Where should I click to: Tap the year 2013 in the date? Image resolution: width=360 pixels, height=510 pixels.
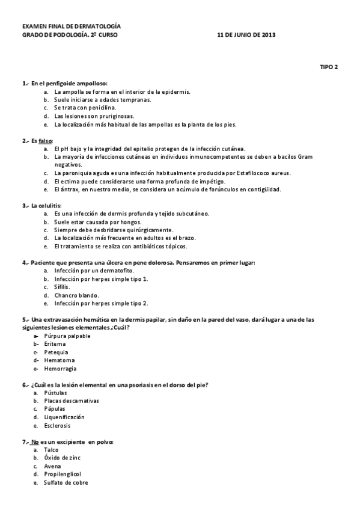tap(266, 35)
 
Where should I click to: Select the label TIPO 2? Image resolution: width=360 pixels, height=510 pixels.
tap(329, 67)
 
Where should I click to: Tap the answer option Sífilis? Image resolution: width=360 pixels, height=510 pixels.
tap(63, 287)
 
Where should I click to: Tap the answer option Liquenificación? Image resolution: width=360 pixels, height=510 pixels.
tap(64, 417)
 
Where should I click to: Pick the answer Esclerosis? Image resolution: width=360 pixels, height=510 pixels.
tap(57, 425)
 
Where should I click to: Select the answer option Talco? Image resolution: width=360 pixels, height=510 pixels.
tap(51, 449)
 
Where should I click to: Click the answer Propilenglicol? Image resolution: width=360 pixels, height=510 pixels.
tap(63, 474)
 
